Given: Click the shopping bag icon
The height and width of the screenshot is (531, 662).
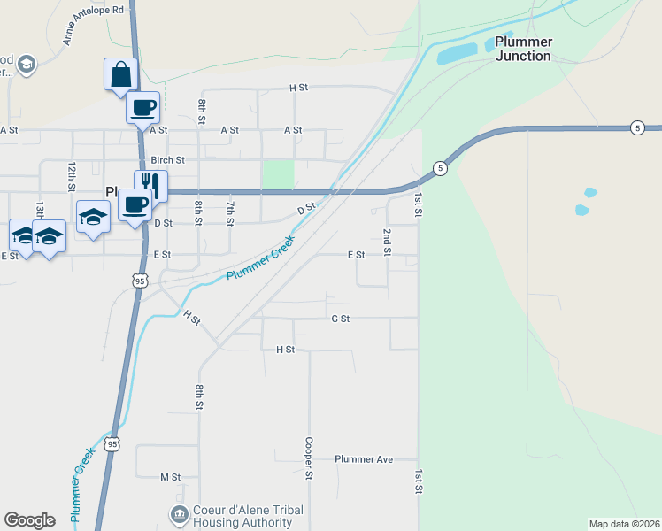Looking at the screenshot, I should coord(119,74).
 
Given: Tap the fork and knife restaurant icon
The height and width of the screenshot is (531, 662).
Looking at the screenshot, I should coord(150,186).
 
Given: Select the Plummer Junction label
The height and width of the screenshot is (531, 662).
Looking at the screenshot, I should coord(523,49).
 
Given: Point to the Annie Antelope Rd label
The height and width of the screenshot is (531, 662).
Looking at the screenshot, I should coord(93,25).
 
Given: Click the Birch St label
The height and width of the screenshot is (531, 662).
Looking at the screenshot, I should coord(167,160).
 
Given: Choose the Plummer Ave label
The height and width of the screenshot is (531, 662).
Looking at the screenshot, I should coord(363,459).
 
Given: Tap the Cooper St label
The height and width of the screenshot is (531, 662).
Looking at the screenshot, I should coord(310,458).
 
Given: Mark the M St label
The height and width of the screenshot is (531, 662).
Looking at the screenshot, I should coord(170,477).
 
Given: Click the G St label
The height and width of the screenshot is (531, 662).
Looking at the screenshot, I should coord(340,318).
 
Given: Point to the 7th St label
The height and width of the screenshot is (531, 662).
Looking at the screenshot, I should coord(230,212).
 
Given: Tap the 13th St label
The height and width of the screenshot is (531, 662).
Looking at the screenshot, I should coord(40,210).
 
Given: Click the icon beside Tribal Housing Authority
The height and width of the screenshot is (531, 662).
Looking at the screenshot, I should coord(179,514).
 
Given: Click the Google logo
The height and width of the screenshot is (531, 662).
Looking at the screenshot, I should coord(29,520).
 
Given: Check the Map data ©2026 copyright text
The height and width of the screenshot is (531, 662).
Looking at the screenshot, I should coord(624,524).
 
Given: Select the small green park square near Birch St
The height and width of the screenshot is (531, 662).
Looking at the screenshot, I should coord(278,174).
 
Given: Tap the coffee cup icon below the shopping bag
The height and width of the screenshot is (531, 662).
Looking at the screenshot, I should coord(142,108).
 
